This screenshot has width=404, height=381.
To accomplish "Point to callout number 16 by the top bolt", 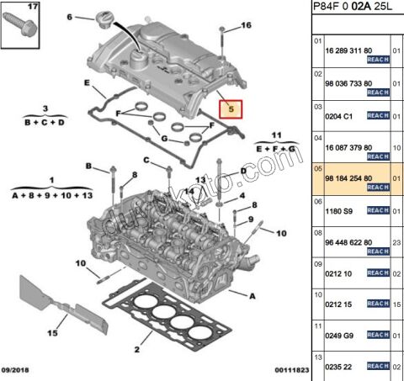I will [x=246, y=26].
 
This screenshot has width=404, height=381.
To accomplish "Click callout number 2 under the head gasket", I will [x=136, y=348].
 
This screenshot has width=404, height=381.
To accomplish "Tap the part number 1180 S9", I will [x=339, y=210].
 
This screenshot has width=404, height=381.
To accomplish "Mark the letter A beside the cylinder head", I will [x=252, y=295].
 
